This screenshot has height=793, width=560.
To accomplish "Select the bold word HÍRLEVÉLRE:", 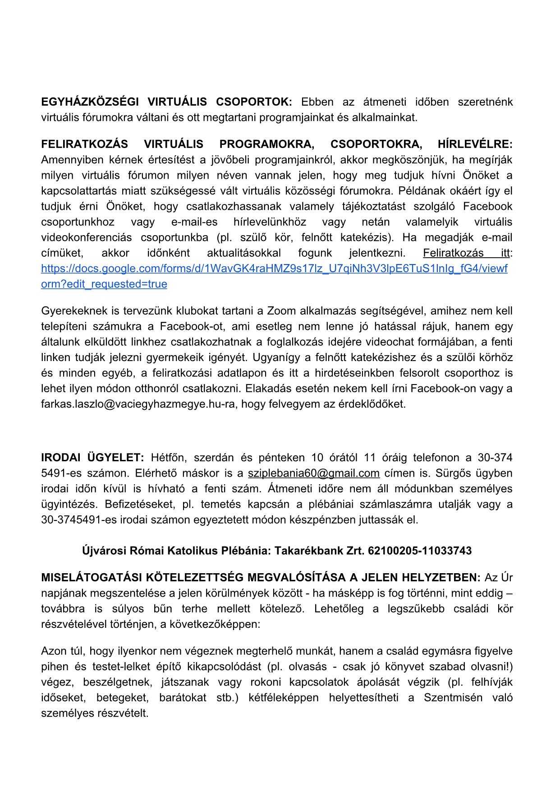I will click(475, 144).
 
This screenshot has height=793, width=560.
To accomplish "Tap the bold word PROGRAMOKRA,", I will click(266, 144).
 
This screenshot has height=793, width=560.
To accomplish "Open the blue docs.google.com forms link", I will click(274, 269).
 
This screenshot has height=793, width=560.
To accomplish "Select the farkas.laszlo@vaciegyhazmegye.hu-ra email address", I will click(139, 404).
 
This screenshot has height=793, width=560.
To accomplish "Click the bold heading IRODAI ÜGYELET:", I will click(92, 458).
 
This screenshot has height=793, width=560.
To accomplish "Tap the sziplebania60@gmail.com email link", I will click(314, 473).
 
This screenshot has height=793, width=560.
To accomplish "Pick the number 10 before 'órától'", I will click(317, 458).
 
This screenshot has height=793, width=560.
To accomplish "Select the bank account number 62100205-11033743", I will click(420, 551).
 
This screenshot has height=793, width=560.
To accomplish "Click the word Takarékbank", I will click(307, 551).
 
